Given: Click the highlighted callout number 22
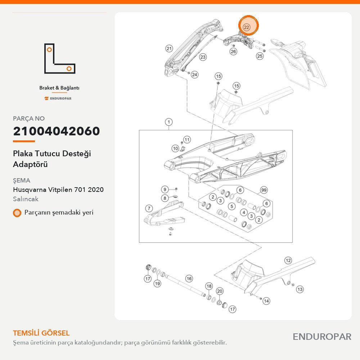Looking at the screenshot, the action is click(x=246, y=27).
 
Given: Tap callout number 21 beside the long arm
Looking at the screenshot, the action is click(x=169, y=49).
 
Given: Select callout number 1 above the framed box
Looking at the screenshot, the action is click(x=169, y=122).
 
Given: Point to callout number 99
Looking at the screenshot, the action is click(x=264, y=190).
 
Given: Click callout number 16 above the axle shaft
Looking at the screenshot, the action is click(x=189, y=279).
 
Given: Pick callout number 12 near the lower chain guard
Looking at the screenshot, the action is click(x=288, y=260).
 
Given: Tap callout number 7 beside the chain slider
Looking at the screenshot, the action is click(x=149, y=208).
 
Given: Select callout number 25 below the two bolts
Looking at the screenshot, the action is click(x=260, y=56).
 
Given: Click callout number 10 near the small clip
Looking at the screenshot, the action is click(x=175, y=148).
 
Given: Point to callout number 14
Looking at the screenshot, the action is click(x=266, y=301).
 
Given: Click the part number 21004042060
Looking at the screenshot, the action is click(x=57, y=131).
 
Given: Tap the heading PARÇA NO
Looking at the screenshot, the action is click(x=29, y=118).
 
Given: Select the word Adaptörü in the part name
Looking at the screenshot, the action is click(x=30, y=165).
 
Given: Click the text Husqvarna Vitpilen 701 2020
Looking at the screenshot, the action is click(x=58, y=190).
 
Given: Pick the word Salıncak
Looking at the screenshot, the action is click(x=26, y=199).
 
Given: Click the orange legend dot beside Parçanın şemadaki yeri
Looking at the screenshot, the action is click(x=17, y=213).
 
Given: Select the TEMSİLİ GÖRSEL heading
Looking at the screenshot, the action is click(x=41, y=333).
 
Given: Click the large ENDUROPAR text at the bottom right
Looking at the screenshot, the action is click(x=322, y=337).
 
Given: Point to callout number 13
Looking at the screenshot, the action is click(x=300, y=289).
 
